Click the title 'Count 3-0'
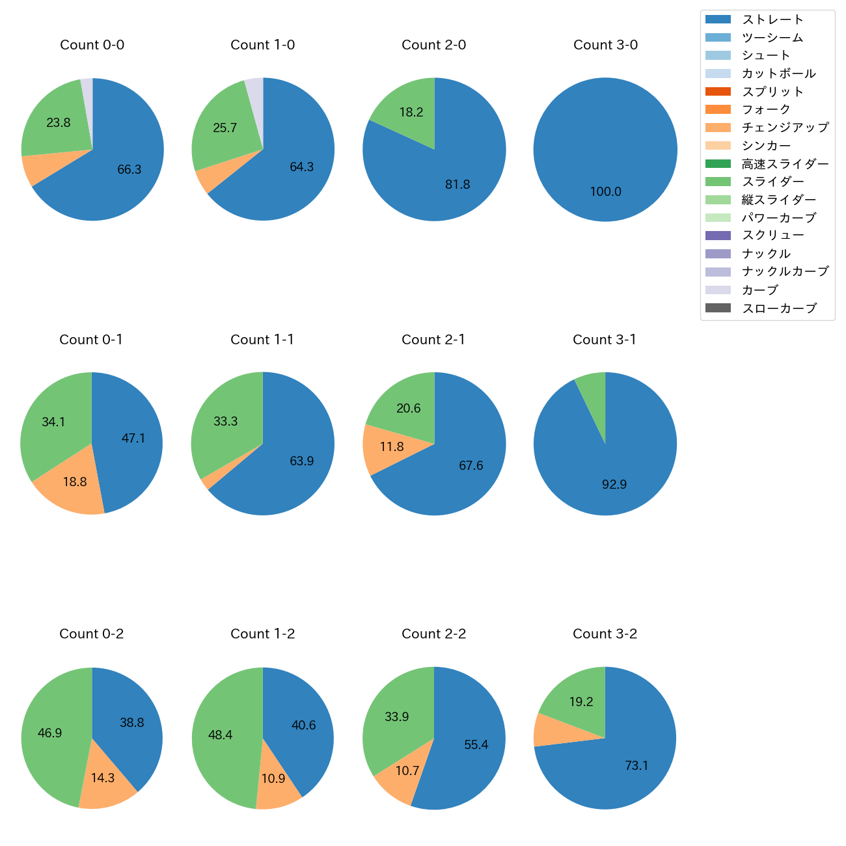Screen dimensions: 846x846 tap(605, 45)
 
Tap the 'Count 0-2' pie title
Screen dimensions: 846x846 tap(92, 634)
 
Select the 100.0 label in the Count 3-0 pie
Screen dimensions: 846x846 tap(605, 192)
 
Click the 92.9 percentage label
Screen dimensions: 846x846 tap(614, 485)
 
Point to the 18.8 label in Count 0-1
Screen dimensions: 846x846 tap(75, 482)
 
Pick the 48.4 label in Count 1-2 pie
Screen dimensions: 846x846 tap(220, 735)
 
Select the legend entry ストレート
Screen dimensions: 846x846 tap(772, 20)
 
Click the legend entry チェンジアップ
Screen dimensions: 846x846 tap(785, 128)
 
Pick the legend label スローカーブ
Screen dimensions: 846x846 tap(779, 308)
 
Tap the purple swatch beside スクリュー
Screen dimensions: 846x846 tap(718, 236)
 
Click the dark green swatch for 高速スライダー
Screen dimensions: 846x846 tap(718, 163)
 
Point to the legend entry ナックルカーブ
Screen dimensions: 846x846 tap(785, 272)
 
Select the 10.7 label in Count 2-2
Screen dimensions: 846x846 tap(407, 771)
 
